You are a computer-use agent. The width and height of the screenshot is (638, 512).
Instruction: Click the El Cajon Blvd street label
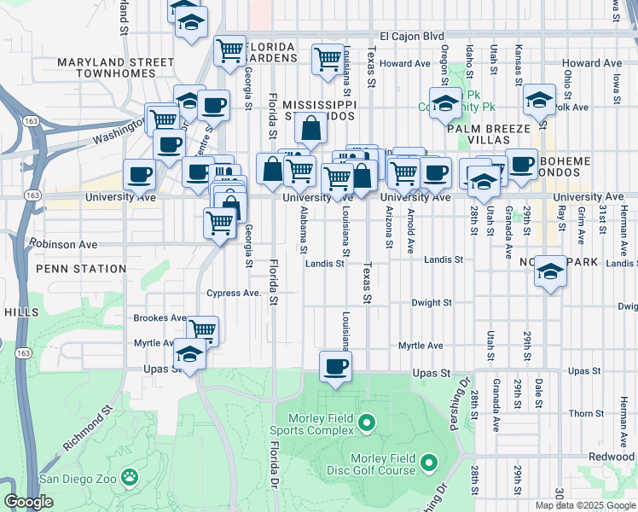[x=413, y=36]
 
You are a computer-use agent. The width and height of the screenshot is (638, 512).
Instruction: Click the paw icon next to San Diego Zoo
[x=130, y=476]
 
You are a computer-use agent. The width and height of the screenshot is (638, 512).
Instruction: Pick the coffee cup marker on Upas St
[x=335, y=367]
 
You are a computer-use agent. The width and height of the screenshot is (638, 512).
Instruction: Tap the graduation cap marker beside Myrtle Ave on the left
[x=189, y=355]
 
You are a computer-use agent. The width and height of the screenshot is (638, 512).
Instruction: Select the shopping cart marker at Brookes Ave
[x=202, y=329]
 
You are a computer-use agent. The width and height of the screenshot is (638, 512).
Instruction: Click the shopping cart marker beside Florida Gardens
[x=229, y=50]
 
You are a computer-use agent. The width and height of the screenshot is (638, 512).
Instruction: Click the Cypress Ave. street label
[x=233, y=294]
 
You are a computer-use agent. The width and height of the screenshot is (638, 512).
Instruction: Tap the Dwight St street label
[x=431, y=303]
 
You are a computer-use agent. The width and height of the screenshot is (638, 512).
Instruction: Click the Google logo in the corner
[x=28, y=502]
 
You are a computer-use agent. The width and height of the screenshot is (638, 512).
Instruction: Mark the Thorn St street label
[x=586, y=414]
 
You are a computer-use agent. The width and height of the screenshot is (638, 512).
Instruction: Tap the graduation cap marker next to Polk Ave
[x=539, y=101]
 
